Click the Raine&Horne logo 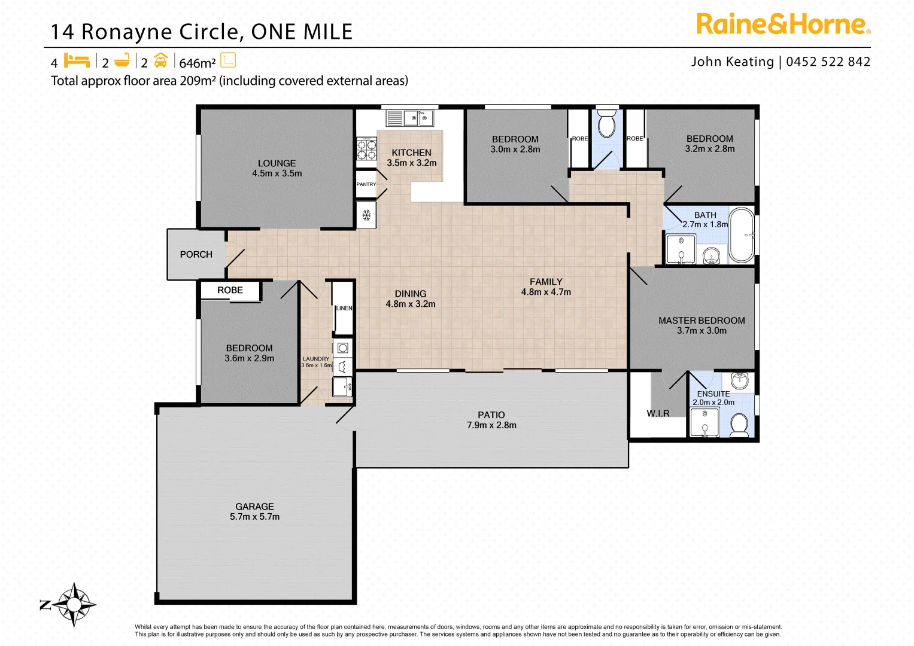[x=783, y=25]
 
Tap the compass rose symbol [x=74, y=604]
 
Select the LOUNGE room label [x=277, y=168]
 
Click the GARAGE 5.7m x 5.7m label [x=254, y=511]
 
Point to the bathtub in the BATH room [x=742, y=235]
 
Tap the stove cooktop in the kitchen [x=366, y=149]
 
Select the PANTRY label [x=366, y=184]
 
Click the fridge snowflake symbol [x=366, y=215]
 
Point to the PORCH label [x=196, y=254]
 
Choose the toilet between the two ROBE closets [x=606, y=124]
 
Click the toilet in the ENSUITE [x=740, y=425]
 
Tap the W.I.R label [x=658, y=413]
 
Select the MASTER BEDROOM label [x=702, y=325]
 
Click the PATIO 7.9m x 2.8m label [x=491, y=420]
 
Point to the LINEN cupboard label [x=344, y=308]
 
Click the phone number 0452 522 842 [x=828, y=62]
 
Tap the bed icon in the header [x=77, y=61]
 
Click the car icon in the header [x=160, y=61]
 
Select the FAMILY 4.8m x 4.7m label [x=546, y=287]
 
